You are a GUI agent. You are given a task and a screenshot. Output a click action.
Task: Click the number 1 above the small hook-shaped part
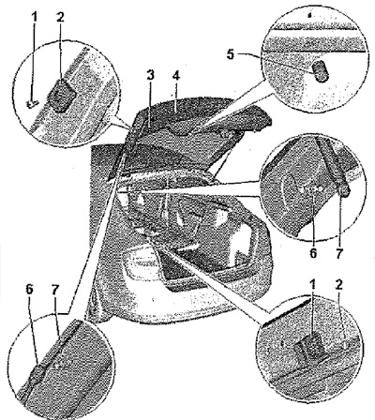tap(34, 17)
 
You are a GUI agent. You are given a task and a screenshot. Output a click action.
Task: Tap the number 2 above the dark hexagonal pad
tap(60, 17)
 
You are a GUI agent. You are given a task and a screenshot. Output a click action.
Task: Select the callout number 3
tap(151, 76)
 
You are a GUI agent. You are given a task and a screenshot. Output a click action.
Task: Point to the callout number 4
tap(176, 76)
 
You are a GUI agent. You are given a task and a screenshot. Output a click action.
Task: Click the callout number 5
tap(231, 54)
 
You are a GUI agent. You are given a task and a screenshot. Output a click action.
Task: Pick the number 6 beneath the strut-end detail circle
tap(313, 252)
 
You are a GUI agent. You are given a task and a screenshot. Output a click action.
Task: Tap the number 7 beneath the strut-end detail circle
tap(339, 252)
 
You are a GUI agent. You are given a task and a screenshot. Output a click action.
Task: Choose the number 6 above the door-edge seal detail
tap(29, 290)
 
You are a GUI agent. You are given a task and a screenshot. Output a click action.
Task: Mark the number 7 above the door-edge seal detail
tap(55, 290)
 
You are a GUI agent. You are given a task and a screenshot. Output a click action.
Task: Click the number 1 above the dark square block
tap(312, 285)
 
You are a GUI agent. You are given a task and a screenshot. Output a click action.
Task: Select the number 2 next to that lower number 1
tap(339, 285)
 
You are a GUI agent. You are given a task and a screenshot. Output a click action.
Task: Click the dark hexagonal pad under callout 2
tap(61, 96)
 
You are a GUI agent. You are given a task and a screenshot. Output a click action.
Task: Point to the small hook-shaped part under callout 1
tap(32, 104)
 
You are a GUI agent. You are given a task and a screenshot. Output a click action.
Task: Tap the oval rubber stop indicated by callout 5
tap(321, 71)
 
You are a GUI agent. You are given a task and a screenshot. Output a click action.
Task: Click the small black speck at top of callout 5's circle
tap(309, 15)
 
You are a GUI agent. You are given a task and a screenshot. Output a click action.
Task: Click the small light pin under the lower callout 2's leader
tap(344, 345)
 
